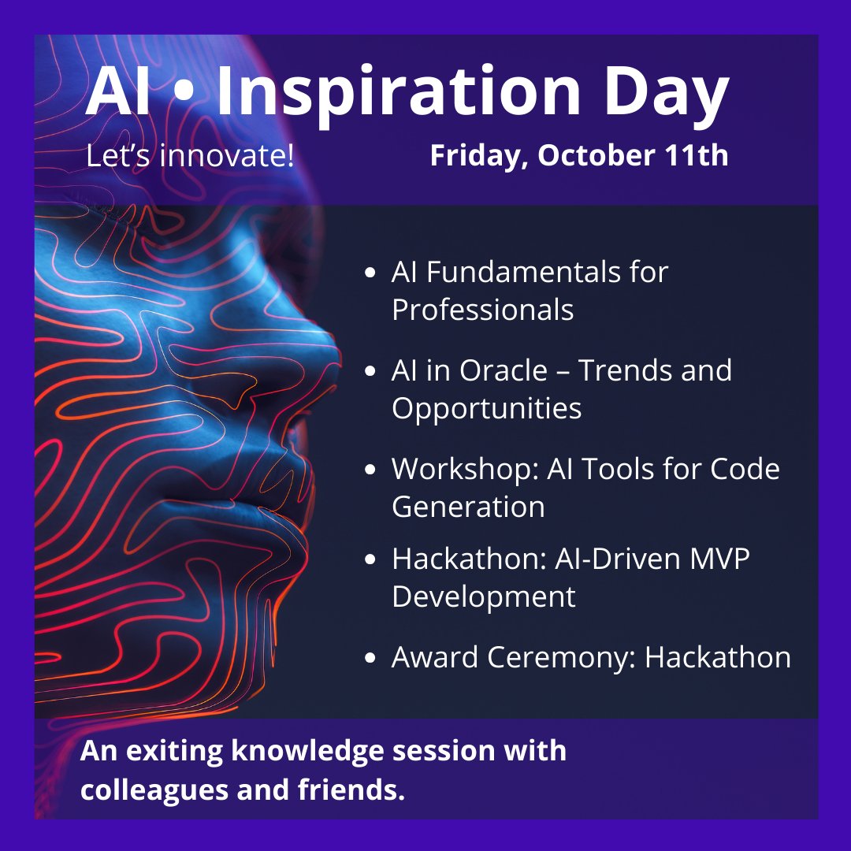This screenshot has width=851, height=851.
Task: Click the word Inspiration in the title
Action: tap(400, 93)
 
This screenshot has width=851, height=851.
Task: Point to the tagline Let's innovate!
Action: tap(190, 155)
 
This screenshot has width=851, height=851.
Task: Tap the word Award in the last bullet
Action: tap(437, 657)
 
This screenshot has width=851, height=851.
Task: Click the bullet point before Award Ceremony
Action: tap(371, 659)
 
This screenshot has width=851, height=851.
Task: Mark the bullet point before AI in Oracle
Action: tap(371, 372)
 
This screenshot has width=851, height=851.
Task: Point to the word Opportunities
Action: tap(486, 409)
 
